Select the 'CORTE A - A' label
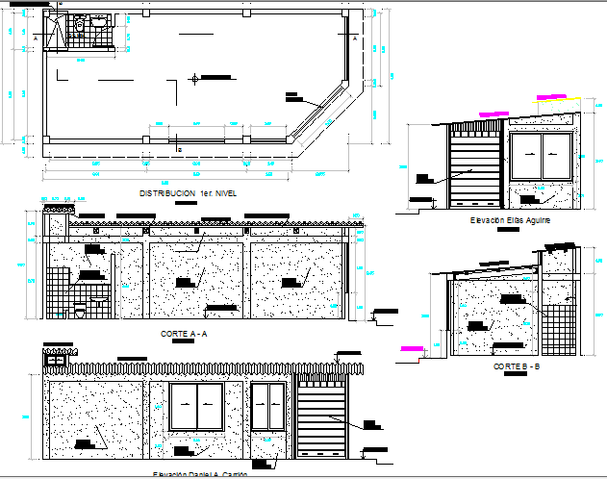[x=185, y=333]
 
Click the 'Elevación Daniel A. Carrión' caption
[x=200, y=474]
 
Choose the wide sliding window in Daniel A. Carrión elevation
[x=196, y=408]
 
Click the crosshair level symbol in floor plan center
[x=195, y=78]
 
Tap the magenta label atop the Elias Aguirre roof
[x=552, y=96]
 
